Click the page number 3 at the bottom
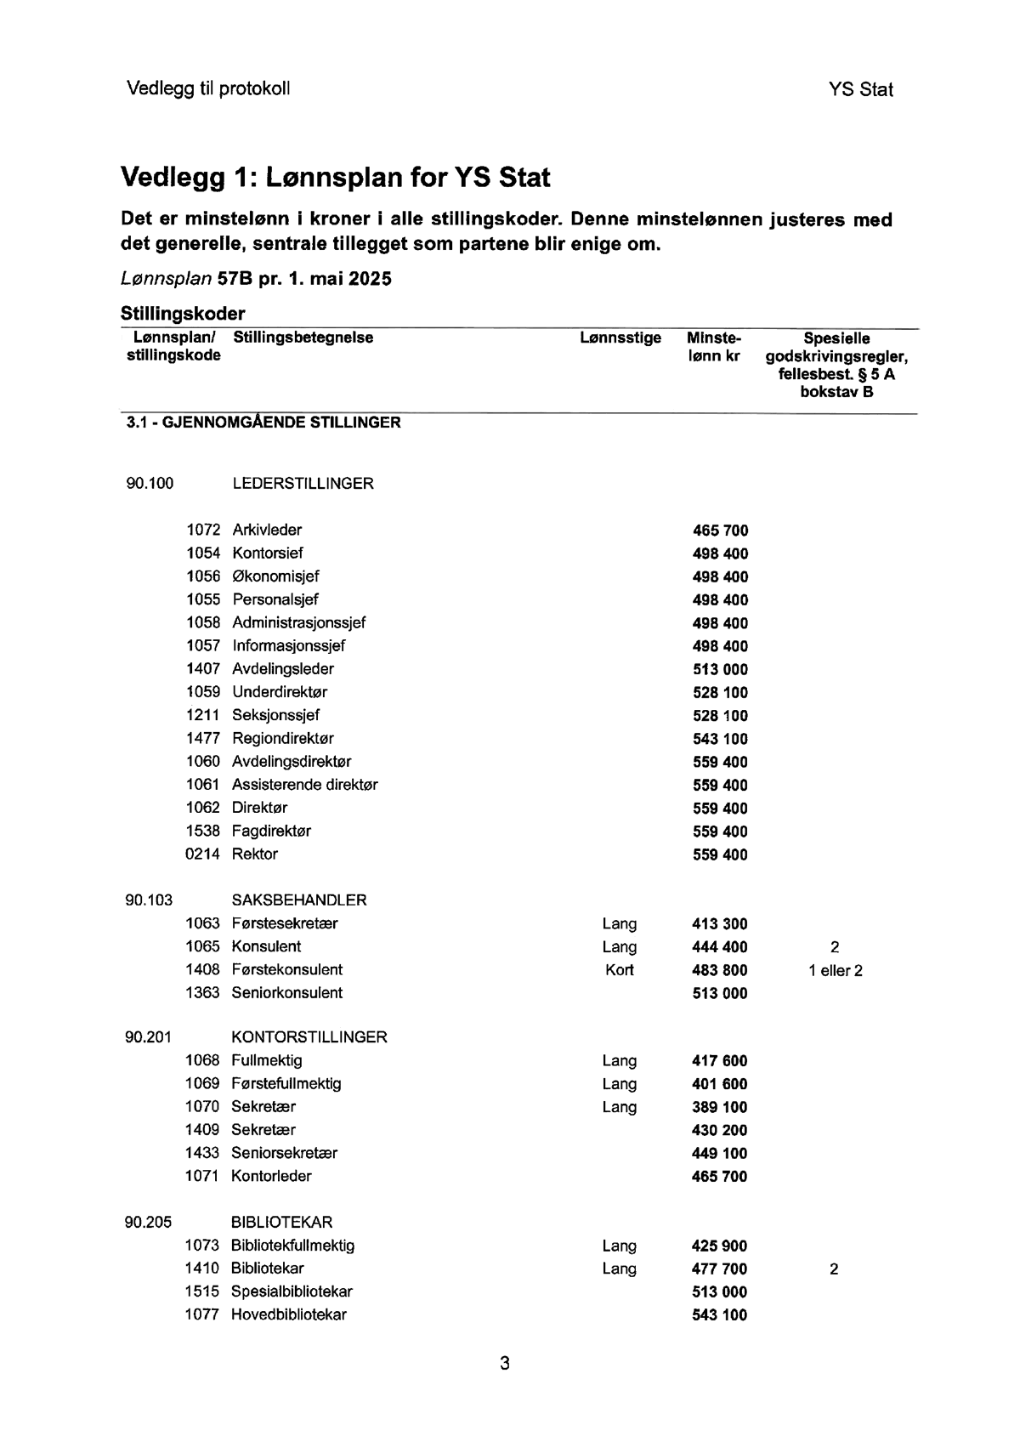point(505,1364)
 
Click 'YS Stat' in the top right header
point(860,89)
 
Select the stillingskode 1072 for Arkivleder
point(203,530)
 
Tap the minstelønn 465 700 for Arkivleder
point(720,531)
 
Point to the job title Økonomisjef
point(275,576)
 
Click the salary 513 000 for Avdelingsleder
point(720,669)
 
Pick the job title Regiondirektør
point(282,738)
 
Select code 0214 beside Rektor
point(202,854)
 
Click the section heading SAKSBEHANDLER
point(298,900)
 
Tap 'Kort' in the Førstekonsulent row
point(619,970)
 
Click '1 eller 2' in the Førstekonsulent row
point(835,970)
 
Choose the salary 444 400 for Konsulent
point(720,947)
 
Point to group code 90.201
point(148,1037)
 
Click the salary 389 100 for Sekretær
point(720,1107)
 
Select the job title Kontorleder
point(271,1176)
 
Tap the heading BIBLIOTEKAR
point(281,1223)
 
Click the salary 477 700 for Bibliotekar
point(720,1269)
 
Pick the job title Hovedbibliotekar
point(288,1314)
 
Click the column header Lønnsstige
point(620,338)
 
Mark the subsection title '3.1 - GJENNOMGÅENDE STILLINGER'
point(263,422)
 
